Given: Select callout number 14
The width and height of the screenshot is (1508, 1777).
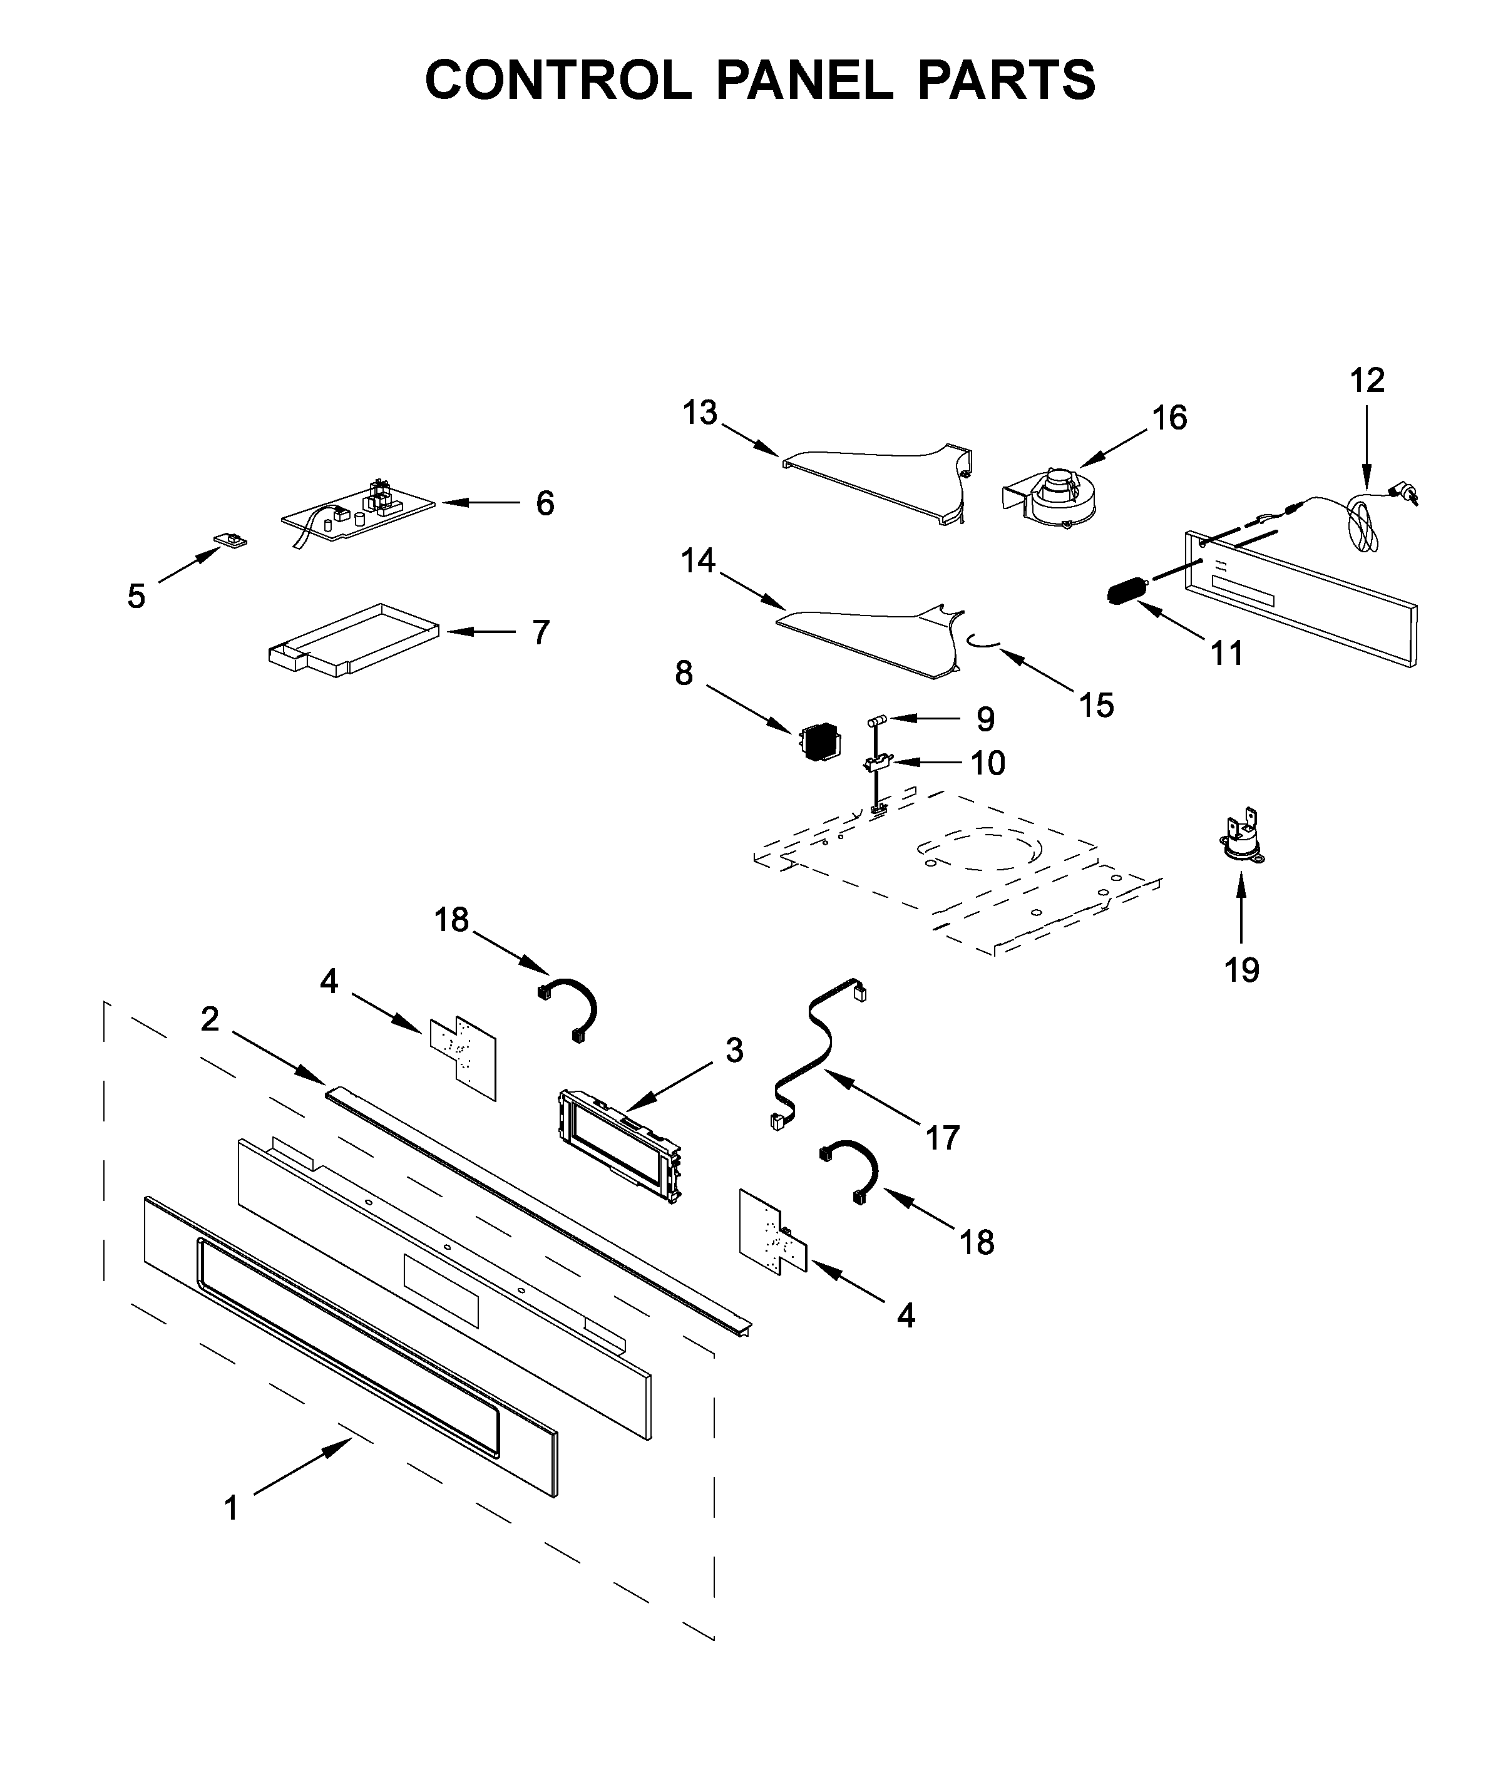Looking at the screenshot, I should point(697,561).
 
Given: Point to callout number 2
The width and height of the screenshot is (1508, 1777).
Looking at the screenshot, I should point(210,1019).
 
